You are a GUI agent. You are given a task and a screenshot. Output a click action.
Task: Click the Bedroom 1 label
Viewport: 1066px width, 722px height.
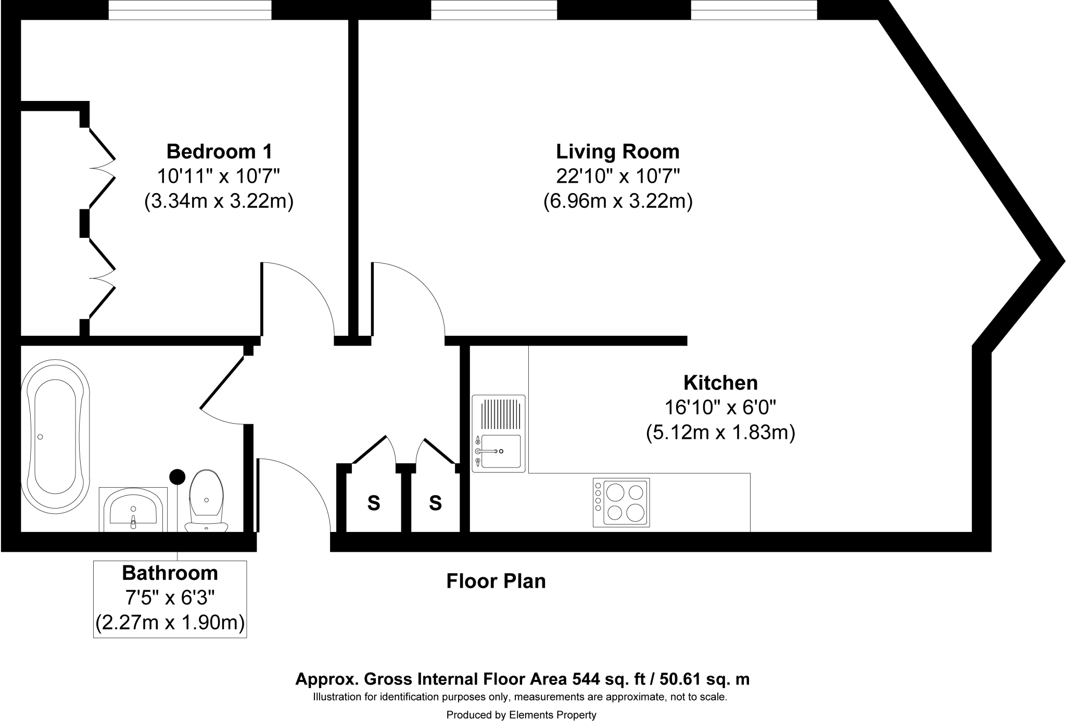point(219,151)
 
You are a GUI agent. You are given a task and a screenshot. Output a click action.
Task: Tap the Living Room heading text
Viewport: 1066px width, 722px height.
point(618,151)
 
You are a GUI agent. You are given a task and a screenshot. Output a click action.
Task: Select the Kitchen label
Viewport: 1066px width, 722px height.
point(720,383)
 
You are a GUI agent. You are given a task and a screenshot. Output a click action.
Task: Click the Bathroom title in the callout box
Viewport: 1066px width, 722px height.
point(170,573)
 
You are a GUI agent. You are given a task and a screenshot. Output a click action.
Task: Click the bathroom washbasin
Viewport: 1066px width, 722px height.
point(133,510)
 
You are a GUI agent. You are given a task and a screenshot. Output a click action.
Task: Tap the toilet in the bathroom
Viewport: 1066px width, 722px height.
point(207,501)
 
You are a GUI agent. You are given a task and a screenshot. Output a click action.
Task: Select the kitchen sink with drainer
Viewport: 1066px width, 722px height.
point(499,434)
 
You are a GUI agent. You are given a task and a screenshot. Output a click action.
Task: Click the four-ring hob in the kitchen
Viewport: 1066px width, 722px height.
point(621,502)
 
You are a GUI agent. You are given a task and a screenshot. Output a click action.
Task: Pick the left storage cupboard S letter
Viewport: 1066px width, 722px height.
point(374,503)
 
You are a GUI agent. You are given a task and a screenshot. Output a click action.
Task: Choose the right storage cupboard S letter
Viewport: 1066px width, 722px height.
point(435,503)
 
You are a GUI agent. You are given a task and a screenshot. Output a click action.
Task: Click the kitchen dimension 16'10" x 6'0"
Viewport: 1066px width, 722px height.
point(720,407)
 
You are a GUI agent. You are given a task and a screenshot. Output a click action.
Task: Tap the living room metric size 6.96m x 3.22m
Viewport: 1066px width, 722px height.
point(618,201)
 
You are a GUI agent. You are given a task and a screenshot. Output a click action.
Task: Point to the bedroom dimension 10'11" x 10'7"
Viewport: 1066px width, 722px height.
point(219,176)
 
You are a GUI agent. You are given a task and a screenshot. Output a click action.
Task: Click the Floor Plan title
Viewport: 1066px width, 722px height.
point(496,581)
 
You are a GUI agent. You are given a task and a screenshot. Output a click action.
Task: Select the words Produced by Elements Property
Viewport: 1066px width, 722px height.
point(521,715)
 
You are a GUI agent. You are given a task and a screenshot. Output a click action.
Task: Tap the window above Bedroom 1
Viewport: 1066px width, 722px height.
point(190,10)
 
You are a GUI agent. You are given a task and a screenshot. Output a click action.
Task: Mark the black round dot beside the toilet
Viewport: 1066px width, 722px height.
point(178,476)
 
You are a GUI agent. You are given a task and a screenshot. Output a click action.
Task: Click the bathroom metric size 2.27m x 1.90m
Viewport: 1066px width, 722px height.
point(170,623)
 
